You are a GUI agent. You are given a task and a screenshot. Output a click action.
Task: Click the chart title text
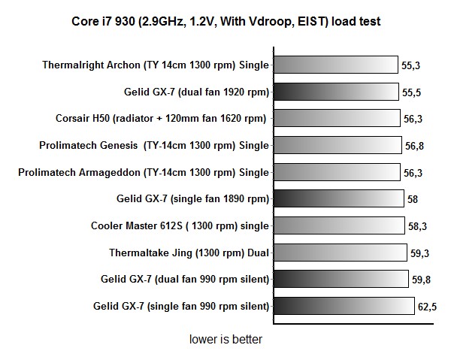point(225,21)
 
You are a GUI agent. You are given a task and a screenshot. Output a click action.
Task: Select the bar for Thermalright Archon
point(335,65)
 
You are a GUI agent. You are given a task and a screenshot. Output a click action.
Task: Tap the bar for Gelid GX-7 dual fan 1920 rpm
point(336,92)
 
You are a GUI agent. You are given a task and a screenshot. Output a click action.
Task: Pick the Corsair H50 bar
point(337,119)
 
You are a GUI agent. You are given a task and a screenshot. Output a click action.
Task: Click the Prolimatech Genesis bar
point(338,145)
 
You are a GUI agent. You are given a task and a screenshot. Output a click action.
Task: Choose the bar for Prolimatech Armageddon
point(337,172)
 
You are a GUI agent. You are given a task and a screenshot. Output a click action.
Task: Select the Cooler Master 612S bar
point(341,225)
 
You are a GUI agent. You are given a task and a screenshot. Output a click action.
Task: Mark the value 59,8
point(422,280)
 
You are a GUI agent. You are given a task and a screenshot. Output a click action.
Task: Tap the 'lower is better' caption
point(225,340)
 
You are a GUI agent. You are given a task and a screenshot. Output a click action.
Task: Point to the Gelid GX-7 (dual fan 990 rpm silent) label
point(185,280)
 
